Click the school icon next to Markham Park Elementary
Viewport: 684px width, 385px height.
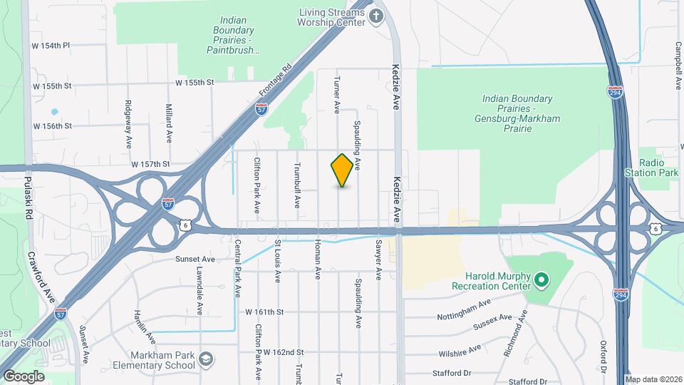pyautogui.click(x=207, y=358)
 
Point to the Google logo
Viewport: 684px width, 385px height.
pyautogui.click(x=24, y=376)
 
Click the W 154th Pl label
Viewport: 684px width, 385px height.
pyautogui.click(x=51, y=46)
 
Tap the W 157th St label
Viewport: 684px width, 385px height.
pyautogui.click(x=150, y=164)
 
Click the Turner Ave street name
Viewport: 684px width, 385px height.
pyautogui.click(x=337, y=94)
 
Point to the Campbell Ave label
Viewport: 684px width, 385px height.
pyautogui.click(x=678, y=65)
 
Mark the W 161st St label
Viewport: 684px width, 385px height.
pyautogui.click(x=264, y=312)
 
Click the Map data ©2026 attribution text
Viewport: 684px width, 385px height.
pyautogui.click(x=653, y=379)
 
